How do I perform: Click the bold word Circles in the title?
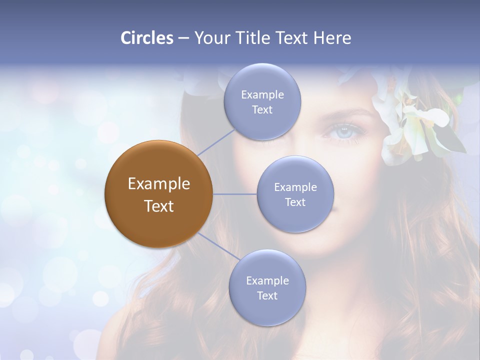tap(146, 38)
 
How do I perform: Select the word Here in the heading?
tap(332, 38)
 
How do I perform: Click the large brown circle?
tap(159, 194)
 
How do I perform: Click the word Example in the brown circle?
tap(159, 184)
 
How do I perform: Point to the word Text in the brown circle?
tap(159, 206)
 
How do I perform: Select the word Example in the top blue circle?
tap(262, 95)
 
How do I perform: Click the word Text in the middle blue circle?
tap(295, 202)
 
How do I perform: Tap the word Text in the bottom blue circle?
tap(267, 295)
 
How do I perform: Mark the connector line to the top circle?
tap(216, 142)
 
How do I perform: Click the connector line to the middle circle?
tap(235, 194)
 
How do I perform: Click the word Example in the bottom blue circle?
tap(267, 280)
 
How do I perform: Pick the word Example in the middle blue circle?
tap(295, 187)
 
